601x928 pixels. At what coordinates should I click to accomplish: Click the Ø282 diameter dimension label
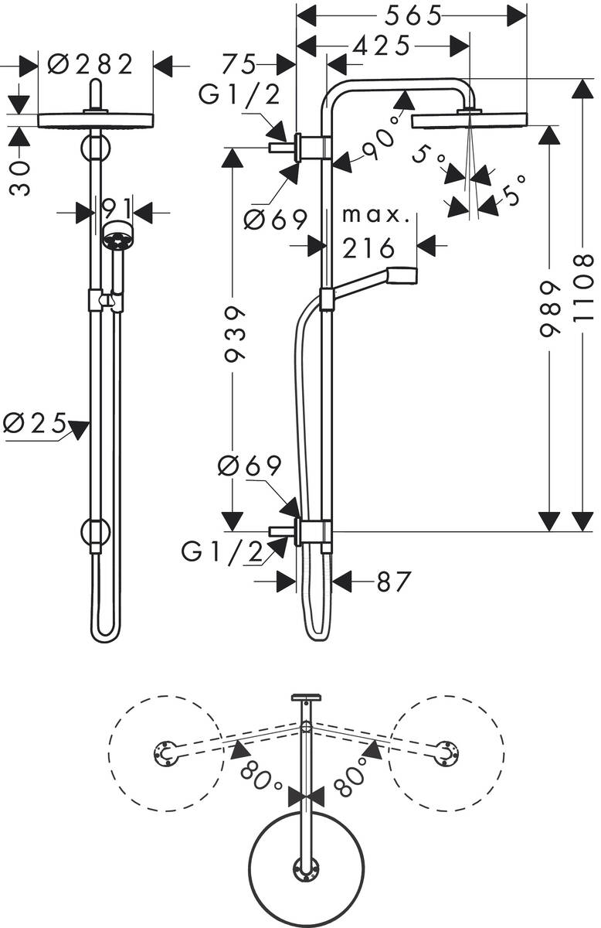point(90,63)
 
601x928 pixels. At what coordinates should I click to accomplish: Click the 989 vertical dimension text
point(549,309)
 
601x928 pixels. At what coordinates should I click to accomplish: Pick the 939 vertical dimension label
point(234,333)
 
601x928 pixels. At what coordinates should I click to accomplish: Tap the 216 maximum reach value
point(368,247)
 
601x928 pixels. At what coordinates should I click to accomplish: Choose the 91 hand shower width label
point(114,210)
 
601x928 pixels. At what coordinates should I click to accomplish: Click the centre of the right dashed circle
point(446,752)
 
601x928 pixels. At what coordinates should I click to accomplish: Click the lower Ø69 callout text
point(250,466)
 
